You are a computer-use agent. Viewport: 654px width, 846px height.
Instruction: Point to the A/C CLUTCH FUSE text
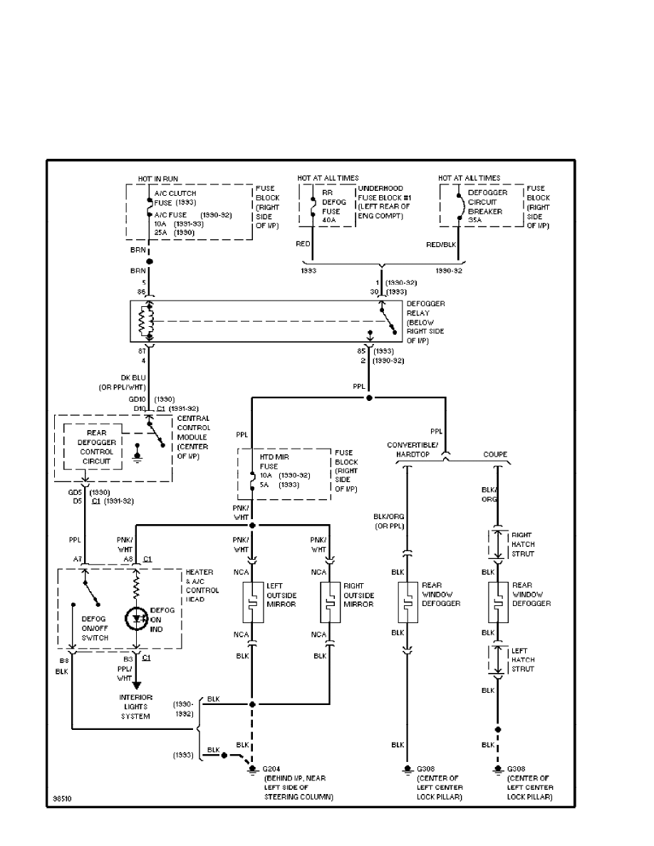[175, 197]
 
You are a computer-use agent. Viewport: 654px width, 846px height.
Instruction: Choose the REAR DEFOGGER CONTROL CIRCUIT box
[92, 446]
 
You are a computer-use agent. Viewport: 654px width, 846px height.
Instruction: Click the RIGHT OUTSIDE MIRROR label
[358, 595]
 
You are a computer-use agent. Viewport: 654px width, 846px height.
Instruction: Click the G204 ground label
[271, 769]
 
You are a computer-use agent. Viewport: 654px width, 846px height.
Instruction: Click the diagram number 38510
[62, 798]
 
